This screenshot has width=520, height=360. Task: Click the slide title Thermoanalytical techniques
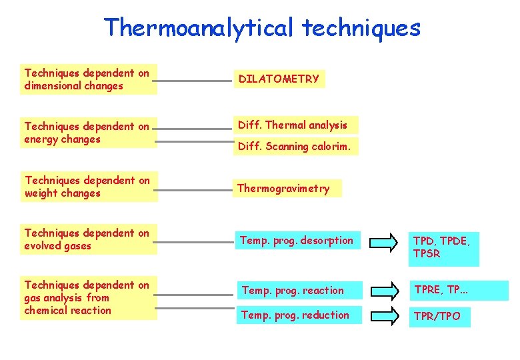coord(262,28)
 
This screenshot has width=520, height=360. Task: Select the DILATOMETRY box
coord(279,79)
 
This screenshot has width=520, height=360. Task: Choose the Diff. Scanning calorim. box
coord(294,146)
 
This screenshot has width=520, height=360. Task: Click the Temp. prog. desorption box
coord(297,240)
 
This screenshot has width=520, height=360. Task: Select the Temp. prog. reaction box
coord(297,290)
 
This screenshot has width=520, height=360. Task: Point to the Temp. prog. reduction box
coord(297,315)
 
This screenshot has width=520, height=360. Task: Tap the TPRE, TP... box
coord(459,290)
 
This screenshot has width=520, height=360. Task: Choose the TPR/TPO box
coord(439,316)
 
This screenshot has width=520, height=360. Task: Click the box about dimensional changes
coord(88,79)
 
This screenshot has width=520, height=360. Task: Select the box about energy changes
coord(88,133)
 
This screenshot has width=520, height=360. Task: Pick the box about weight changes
coord(88,187)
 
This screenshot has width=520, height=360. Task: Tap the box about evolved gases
coord(88,239)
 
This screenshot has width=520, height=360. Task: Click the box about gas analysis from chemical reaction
coord(88,297)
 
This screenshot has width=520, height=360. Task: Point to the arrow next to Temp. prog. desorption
coord(386,241)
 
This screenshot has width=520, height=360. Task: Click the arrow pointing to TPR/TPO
coord(386,316)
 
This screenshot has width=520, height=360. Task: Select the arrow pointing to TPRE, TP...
coord(386,291)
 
